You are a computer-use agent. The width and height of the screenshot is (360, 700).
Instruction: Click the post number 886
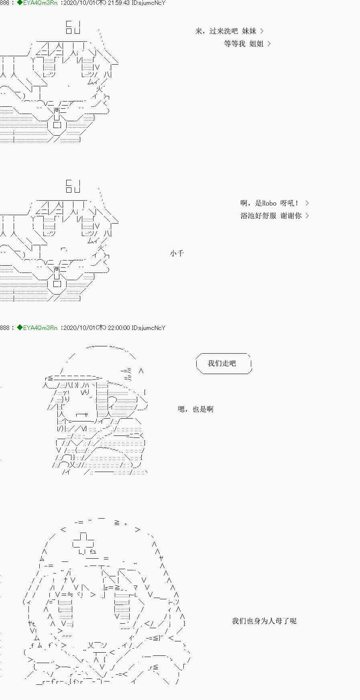pos(4,3)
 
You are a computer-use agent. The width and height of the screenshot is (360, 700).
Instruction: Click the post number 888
pos(4,328)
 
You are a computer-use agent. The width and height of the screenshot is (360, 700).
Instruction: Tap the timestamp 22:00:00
pos(119,328)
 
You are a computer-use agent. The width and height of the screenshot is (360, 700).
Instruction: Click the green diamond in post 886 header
pos(20,3)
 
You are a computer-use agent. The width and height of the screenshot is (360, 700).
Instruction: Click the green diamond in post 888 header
pos(20,328)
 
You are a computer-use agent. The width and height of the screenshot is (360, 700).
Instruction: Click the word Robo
pos(269,203)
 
